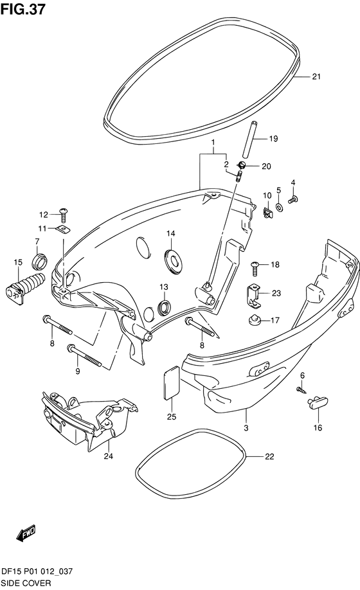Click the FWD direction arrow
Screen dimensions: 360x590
pyautogui.click(x=26, y=533)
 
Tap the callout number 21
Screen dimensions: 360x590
pyautogui.click(x=316, y=76)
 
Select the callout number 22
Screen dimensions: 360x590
pyautogui.click(x=269, y=457)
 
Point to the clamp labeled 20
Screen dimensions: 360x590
pyautogui.click(x=242, y=164)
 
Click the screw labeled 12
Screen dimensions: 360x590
pyautogui.click(x=63, y=215)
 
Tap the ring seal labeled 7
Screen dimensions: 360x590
pyautogui.click(x=40, y=261)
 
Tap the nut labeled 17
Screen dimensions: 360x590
pyautogui.click(x=255, y=321)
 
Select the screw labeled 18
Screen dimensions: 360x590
pyautogui.click(x=255, y=269)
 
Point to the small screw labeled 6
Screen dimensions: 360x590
pyautogui.click(x=301, y=389)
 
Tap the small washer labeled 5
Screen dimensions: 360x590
pyautogui.click(x=280, y=207)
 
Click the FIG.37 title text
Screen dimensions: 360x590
pyautogui.click(x=23, y=8)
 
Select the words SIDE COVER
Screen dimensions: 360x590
pyautogui.click(x=26, y=583)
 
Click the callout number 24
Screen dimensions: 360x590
pyautogui.click(x=109, y=456)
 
